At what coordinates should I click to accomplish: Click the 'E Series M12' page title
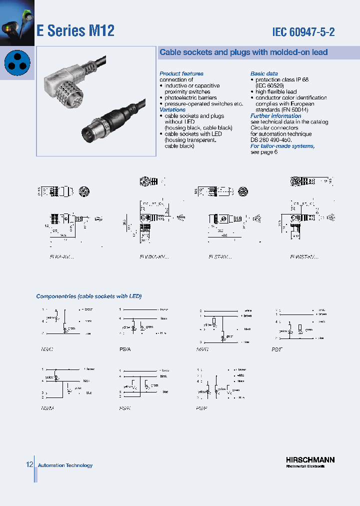[75, 31]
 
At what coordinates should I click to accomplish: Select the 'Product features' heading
[181, 73]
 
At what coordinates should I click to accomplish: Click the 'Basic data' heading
[264, 73]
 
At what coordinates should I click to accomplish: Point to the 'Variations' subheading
[172, 109]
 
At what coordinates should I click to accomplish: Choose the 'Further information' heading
[275, 116]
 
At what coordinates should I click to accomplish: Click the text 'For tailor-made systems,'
[282, 146]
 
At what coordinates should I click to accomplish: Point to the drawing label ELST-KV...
[220, 256]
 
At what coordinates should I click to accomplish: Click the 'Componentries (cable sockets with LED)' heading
[89, 296]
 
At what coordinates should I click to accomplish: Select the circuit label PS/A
[125, 349]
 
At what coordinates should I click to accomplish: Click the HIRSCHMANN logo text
[310, 459]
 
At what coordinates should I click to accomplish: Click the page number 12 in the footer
[29, 465]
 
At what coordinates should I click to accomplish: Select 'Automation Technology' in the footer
[65, 465]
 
